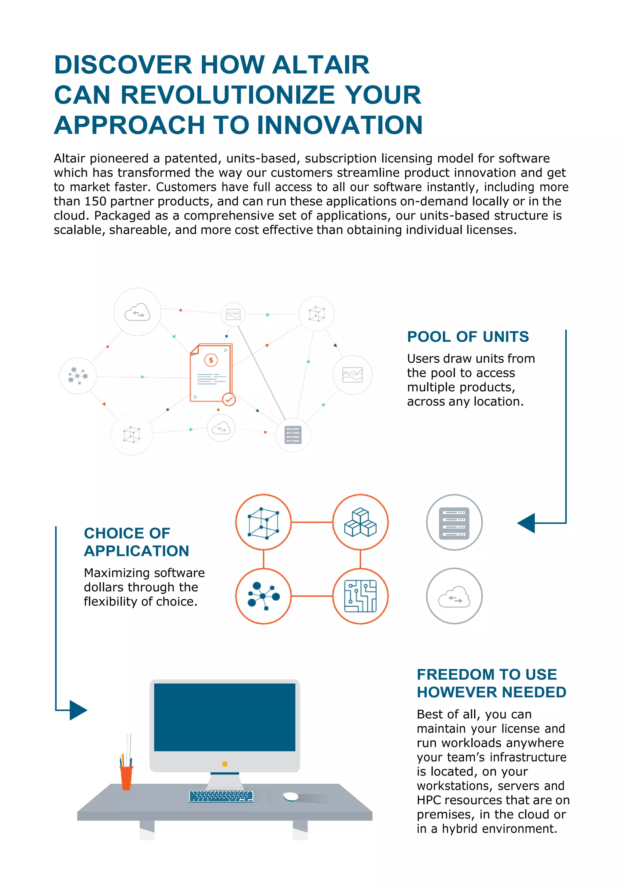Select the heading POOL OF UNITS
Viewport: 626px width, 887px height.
(467, 337)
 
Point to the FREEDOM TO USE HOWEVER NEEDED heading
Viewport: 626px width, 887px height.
(491, 683)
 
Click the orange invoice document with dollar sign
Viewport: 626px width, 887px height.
(211, 373)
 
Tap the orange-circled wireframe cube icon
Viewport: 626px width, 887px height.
(263, 522)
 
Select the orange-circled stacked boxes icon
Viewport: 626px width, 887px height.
(360, 522)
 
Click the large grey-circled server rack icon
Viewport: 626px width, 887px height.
(454, 522)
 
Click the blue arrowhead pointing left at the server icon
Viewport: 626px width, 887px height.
(526, 523)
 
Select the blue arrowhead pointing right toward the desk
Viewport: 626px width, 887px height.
(78, 710)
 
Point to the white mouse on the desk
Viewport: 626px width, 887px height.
(291, 796)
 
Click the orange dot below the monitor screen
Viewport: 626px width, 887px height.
(225, 764)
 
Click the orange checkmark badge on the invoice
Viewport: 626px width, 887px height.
(229, 399)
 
